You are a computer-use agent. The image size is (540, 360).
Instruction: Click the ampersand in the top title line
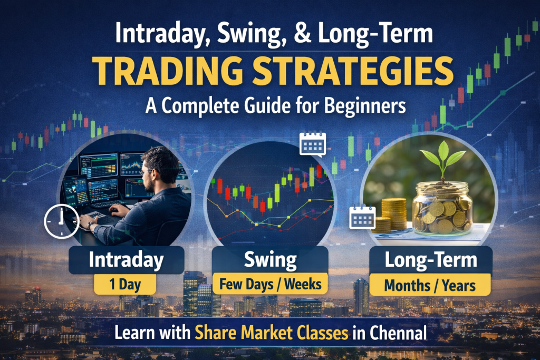point(302,33)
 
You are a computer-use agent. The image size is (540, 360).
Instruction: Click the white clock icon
point(61,222)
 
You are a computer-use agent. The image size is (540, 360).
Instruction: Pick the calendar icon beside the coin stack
point(362,218)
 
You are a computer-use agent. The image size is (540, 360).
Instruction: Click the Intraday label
point(126,260)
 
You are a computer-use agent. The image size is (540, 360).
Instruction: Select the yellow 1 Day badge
point(125,285)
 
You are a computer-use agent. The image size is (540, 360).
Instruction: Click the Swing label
point(270,260)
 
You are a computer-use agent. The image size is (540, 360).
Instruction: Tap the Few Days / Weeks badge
point(271,284)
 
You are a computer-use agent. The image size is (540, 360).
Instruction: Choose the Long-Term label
point(431,260)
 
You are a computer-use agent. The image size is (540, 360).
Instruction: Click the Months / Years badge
point(430,285)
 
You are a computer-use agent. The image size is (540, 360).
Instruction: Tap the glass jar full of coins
point(442,209)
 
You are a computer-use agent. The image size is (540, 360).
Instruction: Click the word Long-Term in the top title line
point(375,33)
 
